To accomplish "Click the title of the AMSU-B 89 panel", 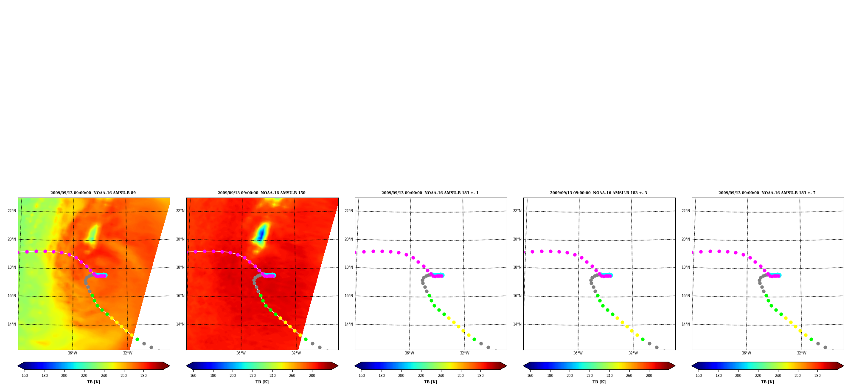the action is pos(93,193).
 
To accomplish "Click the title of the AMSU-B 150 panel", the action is pos(261,193).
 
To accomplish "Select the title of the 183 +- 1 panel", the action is pos(430,193).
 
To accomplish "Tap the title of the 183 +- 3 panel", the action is pos(598,193).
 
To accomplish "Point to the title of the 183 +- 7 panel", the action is pos(767,193).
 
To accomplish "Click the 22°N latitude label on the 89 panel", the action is pos(11,211).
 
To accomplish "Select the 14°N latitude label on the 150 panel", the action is pos(180,324).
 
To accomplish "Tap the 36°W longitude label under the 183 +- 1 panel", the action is pos(409,353).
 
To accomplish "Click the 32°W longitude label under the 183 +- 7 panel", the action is pos(801,353).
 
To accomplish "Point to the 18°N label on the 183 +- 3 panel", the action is pos(517,267).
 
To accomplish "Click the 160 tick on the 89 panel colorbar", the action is pos(25,376).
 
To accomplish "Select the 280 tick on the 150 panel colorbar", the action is pos(312,376).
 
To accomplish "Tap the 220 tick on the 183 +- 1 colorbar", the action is pos(421,376).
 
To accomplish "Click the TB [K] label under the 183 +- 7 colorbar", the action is pos(767,382).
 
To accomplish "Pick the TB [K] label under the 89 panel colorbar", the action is pos(93,382).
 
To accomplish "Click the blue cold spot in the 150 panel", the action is pos(261,234).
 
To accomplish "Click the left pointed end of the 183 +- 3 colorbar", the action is pos(523,365).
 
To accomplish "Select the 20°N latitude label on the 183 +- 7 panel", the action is pos(685,239).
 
